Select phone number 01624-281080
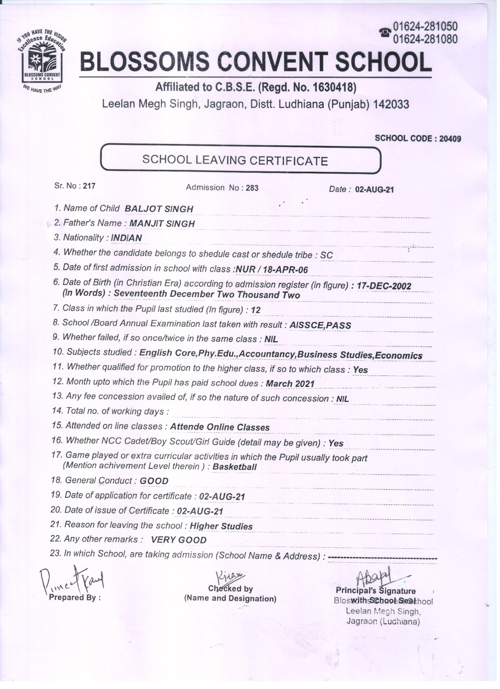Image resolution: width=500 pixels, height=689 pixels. tap(425, 39)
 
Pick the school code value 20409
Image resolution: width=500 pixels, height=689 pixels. tap(450, 139)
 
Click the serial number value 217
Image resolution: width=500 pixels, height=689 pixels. tap(89, 186)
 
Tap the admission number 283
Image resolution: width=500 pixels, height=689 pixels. tap(252, 188)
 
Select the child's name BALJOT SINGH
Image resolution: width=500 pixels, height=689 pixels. tap(159, 209)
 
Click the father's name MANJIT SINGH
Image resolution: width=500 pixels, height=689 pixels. tap(162, 224)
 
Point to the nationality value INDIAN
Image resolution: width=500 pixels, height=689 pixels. tap(126, 238)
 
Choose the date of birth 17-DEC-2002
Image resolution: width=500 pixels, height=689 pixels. tap(384, 286)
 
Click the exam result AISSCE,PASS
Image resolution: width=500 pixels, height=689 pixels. tap(320, 325)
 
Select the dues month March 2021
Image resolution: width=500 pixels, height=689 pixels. tap(290, 384)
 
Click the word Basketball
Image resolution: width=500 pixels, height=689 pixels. tap(234, 467)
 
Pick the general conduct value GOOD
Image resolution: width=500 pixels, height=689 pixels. tap(154, 481)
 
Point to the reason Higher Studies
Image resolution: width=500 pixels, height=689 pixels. tap(221, 526)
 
